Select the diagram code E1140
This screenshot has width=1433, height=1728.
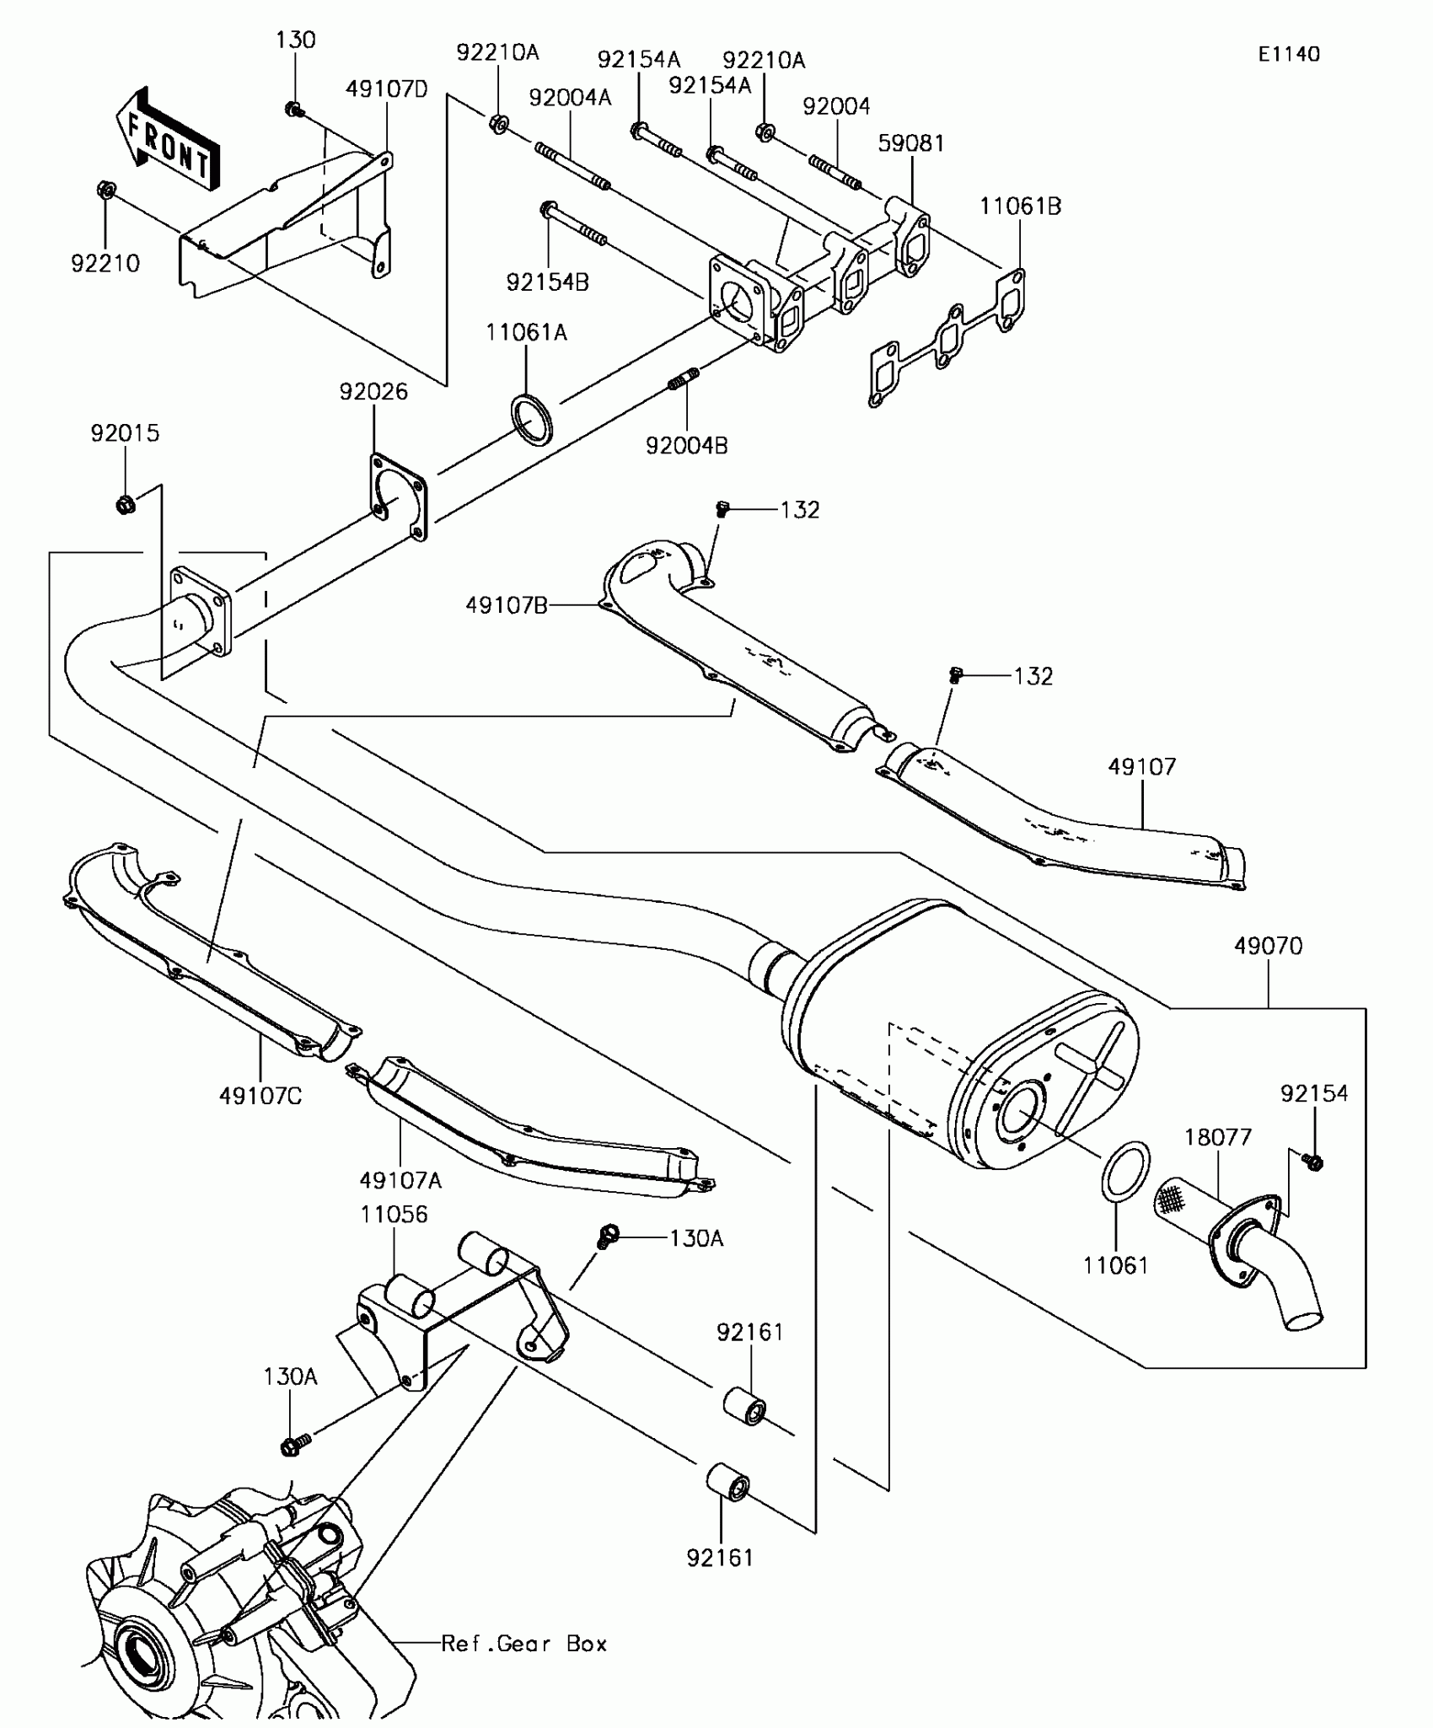point(1289,54)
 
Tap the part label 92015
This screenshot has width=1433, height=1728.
point(125,433)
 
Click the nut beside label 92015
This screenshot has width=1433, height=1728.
point(126,505)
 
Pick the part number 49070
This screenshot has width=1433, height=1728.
point(1268,946)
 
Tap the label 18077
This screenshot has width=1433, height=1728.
point(1218,1137)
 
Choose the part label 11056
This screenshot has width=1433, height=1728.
point(394,1215)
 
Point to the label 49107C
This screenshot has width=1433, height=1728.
point(260,1096)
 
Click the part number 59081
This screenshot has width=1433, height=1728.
point(911,143)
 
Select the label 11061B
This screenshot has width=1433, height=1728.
point(1020,207)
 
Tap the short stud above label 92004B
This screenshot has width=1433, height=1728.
point(684,381)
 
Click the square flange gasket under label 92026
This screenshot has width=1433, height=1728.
point(398,496)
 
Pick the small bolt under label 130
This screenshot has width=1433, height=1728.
point(294,109)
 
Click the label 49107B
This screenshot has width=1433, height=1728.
point(507,604)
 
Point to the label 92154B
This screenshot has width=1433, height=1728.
point(548,282)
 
